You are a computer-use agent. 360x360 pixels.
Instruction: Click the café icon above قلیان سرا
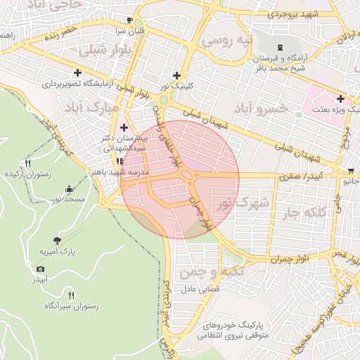point(129,20)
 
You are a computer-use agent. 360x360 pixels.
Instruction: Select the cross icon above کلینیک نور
point(176,75)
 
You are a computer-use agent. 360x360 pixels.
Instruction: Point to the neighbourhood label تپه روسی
point(226,41)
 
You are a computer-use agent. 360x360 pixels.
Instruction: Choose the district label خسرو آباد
point(261,108)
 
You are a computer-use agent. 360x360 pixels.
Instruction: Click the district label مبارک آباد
point(92,109)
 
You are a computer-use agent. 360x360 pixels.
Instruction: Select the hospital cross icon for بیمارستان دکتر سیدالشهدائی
point(124,127)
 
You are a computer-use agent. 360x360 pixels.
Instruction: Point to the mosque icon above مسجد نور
point(68,189)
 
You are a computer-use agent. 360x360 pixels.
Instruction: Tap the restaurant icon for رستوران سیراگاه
point(71,295)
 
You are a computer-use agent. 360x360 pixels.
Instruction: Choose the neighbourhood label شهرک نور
point(242,204)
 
